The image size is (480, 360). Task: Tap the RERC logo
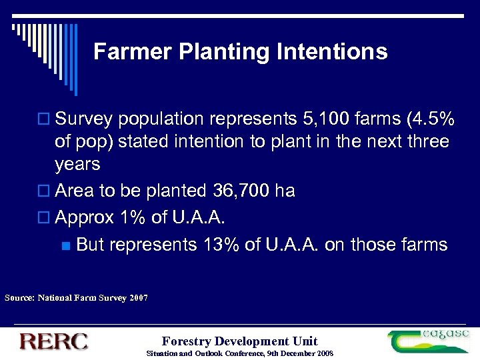pos(53,341)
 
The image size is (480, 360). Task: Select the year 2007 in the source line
pos(139,297)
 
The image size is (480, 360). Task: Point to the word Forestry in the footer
pos(186,341)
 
